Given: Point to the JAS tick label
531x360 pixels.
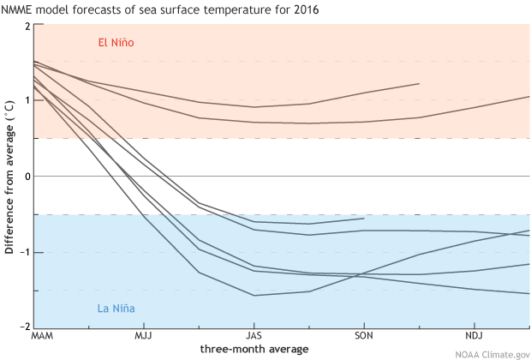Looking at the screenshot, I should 254,336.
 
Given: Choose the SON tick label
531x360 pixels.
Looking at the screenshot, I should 364,336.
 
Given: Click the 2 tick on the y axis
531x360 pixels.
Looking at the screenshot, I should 27,26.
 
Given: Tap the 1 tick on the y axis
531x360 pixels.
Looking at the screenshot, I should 27,101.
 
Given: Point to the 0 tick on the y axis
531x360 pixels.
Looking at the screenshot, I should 27,177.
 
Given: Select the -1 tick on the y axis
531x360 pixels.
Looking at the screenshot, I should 26,252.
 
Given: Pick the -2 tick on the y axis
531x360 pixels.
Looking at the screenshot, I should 26,327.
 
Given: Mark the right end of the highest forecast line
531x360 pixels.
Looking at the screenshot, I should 419,83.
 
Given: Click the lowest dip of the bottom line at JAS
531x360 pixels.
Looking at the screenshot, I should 254,295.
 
